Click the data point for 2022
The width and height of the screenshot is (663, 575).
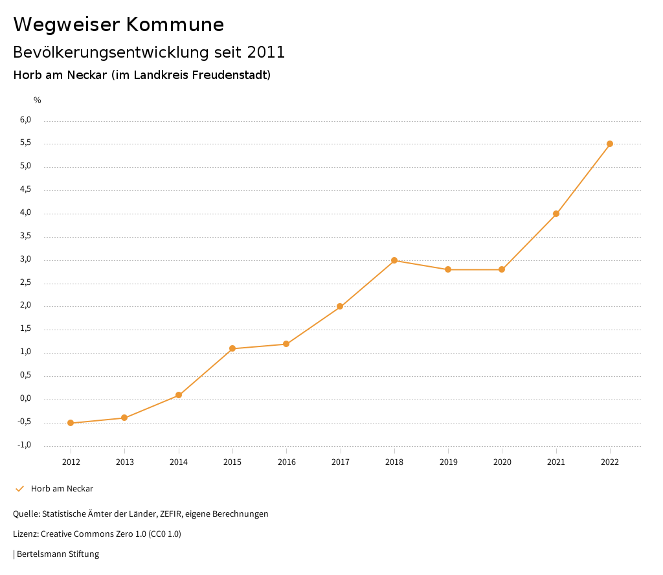(x=610, y=144)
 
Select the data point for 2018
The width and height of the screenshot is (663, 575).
(x=394, y=260)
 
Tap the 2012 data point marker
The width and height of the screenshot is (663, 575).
(x=71, y=423)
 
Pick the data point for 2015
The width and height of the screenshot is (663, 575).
(x=232, y=348)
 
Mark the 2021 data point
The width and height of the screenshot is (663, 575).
(x=556, y=214)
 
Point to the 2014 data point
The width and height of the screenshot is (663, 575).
(x=179, y=395)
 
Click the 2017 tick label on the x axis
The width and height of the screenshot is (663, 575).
(x=341, y=462)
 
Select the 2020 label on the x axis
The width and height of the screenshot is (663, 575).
(x=502, y=462)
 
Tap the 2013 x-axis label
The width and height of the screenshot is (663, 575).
(x=124, y=462)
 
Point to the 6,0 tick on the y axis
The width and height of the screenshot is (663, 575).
(x=26, y=120)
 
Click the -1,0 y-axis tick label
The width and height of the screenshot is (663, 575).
(x=25, y=445)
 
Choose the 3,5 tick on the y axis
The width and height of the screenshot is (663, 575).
(x=26, y=236)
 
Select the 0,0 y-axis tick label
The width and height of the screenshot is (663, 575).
(x=26, y=399)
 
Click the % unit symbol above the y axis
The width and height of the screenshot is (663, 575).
(x=38, y=100)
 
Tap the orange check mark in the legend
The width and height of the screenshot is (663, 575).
(x=19, y=489)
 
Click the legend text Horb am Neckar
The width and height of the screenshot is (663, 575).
(x=62, y=489)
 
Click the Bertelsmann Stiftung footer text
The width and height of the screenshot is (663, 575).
(x=58, y=554)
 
